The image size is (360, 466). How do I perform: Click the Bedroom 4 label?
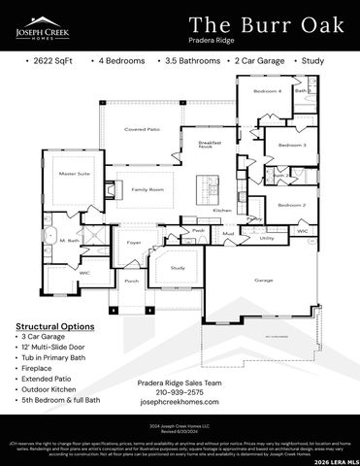pos(267,91)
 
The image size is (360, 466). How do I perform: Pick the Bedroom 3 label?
pos(291,145)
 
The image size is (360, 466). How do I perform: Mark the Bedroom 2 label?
pos(291,205)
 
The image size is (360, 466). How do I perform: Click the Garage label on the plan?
pos(263,280)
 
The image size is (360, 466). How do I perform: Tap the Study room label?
pos(178,267)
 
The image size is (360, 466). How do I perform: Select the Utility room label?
pos(266,237)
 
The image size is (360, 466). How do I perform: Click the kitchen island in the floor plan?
pos(206,184)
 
